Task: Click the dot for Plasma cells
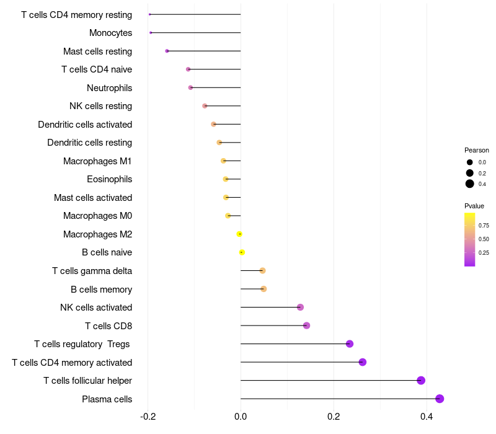pyautogui.click(x=440, y=399)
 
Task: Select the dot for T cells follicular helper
pyautogui.click(x=421, y=380)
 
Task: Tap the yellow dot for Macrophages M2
pyautogui.click(x=239, y=234)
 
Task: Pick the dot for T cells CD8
pyautogui.click(x=306, y=325)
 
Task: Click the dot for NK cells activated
pyautogui.click(x=300, y=307)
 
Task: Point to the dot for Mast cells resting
pyautogui.click(x=167, y=51)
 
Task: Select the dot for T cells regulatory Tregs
pyautogui.click(x=349, y=343)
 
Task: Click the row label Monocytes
pyautogui.click(x=110, y=33)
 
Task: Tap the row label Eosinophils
pyautogui.click(x=109, y=179)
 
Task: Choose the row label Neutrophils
pyautogui.click(x=109, y=88)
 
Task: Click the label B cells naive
pyautogui.click(x=107, y=252)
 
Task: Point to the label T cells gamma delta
pyautogui.click(x=92, y=271)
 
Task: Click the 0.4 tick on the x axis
pyautogui.click(x=427, y=417)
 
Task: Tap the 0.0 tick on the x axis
pyautogui.click(x=241, y=417)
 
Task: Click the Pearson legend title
pyautogui.click(x=477, y=150)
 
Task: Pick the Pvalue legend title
pyautogui.click(x=474, y=206)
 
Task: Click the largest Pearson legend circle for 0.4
pyautogui.click(x=470, y=184)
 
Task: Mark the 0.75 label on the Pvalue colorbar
pyautogui.click(x=484, y=225)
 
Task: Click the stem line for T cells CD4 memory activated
pyautogui.click(x=298, y=362)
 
